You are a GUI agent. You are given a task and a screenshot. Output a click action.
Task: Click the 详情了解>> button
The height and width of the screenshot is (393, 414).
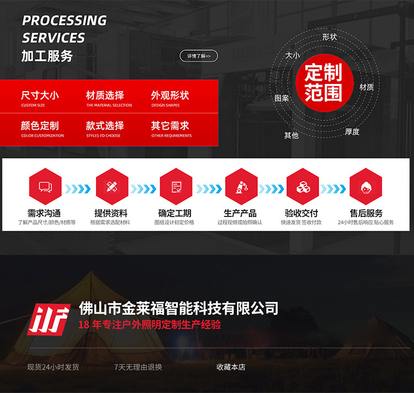click(x=199, y=56)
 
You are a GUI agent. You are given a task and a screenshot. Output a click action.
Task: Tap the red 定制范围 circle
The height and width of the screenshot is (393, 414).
click(x=323, y=83)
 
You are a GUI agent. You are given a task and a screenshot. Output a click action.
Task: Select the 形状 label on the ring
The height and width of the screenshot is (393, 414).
click(x=330, y=37)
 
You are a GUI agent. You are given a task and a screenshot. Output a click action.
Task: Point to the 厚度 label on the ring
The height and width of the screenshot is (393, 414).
click(x=352, y=132)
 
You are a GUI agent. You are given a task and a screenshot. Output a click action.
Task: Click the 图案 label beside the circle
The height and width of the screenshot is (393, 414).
click(x=282, y=98)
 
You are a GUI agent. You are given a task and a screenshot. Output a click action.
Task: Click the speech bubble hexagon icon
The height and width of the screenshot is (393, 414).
click(x=45, y=187)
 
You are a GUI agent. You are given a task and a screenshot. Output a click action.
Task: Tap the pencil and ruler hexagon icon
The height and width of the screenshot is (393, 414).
click(x=112, y=187)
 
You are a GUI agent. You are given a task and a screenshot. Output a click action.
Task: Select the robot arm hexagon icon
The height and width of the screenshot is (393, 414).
click(x=241, y=187)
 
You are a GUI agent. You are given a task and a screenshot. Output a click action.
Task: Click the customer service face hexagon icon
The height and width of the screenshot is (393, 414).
click(x=365, y=187)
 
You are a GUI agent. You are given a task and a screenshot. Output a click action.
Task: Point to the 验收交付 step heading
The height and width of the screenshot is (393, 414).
click(x=301, y=213)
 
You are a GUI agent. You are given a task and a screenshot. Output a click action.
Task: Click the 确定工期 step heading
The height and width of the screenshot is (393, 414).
click(x=175, y=213)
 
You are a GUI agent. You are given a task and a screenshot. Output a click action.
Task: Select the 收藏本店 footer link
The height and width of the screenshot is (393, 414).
click(x=231, y=367)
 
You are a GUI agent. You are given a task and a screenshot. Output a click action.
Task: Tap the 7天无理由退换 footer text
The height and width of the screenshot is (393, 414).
click(x=138, y=367)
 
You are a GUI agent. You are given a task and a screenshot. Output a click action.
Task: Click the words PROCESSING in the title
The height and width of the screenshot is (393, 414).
click(x=65, y=20)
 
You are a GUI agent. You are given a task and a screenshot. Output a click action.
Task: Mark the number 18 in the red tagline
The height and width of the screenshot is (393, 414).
click(x=84, y=325)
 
